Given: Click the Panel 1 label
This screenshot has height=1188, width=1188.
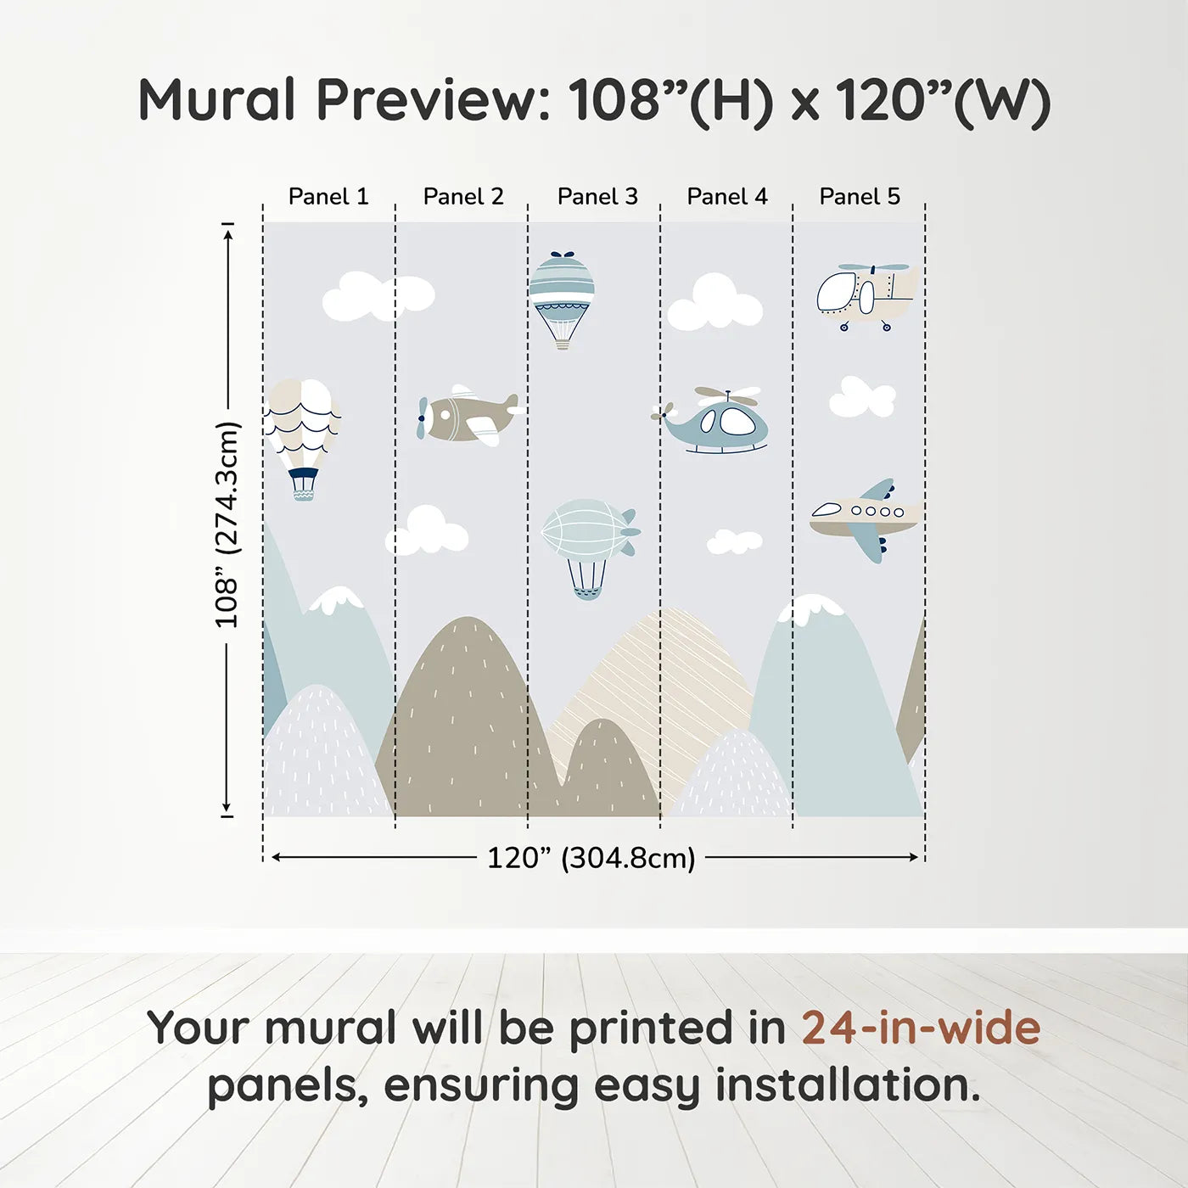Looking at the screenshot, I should (328, 197).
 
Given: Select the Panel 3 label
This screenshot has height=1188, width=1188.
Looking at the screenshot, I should (597, 197).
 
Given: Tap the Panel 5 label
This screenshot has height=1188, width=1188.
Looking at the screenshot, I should (859, 197).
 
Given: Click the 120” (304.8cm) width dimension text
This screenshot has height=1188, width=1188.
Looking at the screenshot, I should (591, 858).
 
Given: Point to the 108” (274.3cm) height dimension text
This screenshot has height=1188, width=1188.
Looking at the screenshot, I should (227, 524).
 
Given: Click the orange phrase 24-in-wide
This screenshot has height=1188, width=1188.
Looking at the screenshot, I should (921, 1028).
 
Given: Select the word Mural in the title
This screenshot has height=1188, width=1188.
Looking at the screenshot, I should (216, 100).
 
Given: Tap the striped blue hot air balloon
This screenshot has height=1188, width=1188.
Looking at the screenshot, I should (561, 293).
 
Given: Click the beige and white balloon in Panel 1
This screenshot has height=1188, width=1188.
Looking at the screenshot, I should (302, 429).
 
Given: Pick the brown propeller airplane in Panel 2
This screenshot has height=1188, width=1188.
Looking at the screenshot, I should (467, 416).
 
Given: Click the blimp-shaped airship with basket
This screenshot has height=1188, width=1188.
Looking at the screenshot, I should (588, 539).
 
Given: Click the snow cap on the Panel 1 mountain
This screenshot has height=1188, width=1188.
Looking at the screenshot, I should (337, 599).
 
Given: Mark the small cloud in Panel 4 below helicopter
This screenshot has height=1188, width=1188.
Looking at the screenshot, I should (734, 541).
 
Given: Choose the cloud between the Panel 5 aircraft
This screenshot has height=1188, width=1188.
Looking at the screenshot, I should (861, 397).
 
